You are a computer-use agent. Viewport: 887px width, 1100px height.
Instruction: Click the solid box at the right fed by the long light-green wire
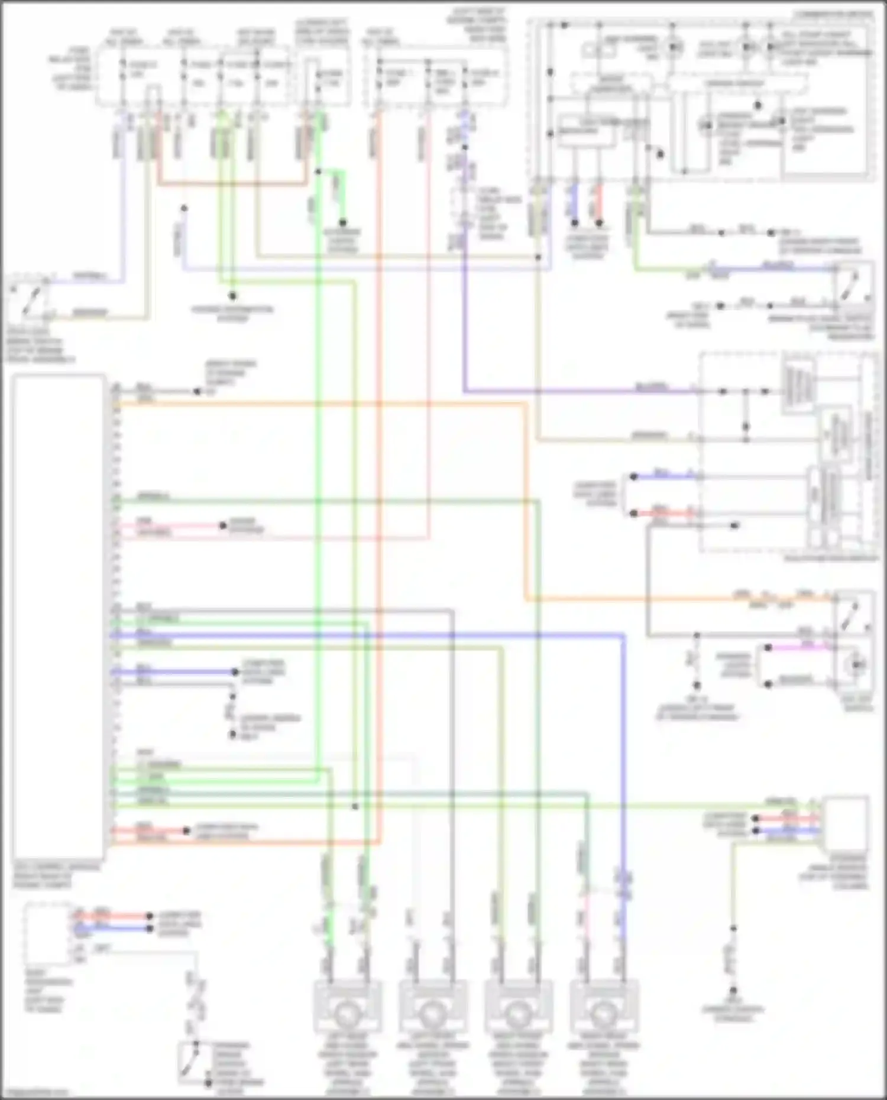(846, 823)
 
